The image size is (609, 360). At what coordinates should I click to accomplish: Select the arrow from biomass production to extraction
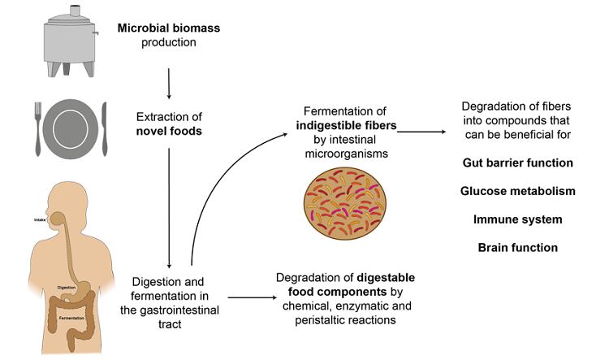tap(168, 81)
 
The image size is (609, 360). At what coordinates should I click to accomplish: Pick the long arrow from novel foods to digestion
tap(168, 203)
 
